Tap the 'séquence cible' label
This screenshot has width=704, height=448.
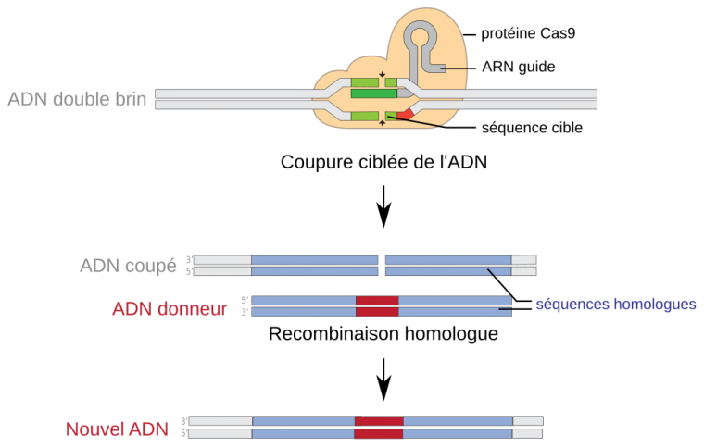[532, 128]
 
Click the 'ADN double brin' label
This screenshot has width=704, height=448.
[77, 99]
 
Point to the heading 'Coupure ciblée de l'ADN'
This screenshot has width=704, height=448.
[383, 164]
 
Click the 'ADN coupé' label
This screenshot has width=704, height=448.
[128, 267]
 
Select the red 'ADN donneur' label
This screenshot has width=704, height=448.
[170, 308]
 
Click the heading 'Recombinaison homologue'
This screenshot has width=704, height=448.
[383, 333]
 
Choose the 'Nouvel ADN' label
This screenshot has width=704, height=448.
[117, 429]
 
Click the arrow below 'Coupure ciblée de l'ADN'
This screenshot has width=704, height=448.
[383, 209]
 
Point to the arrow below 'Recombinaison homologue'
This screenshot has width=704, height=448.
[383, 380]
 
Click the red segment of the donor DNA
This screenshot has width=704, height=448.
[377, 306]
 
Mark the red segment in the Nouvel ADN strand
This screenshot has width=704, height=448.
[379, 427]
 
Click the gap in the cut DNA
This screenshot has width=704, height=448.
[382, 266]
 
